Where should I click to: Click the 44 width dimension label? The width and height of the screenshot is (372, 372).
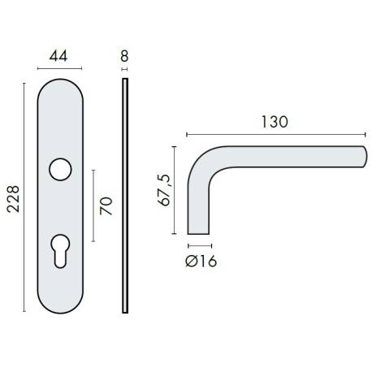[x=58, y=56]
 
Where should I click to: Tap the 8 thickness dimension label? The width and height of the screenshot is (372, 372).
[x=124, y=56]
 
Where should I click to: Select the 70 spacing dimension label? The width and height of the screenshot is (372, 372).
[x=105, y=205]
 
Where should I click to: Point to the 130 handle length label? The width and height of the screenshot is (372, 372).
[x=275, y=121]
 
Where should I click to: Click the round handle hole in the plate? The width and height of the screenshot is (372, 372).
[x=58, y=169]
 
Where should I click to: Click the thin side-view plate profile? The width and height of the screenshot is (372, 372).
[x=125, y=195]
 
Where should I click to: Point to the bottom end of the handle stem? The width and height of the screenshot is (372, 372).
[x=201, y=231]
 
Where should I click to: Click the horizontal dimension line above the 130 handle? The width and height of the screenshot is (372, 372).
[x=275, y=134]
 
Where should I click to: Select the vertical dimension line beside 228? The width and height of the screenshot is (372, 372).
[x=25, y=197]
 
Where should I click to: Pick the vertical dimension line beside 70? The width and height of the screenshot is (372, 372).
[x=94, y=205]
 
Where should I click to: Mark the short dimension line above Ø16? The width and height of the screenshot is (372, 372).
[x=201, y=244]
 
